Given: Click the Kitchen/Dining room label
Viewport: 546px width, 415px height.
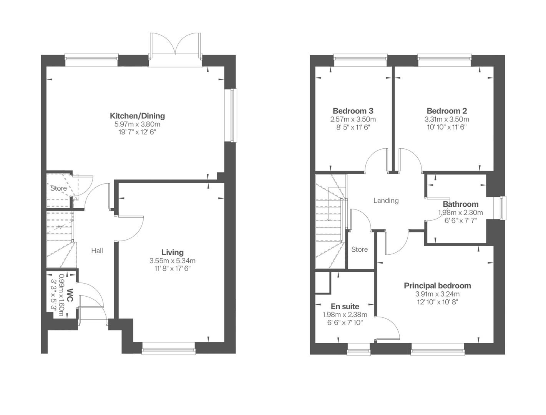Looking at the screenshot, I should pyautogui.click(x=137, y=116).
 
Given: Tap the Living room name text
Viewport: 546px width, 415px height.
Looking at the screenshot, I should pyautogui.click(x=172, y=252).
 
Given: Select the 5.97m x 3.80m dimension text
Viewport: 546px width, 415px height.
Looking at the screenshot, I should pyautogui.click(x=137, y=124).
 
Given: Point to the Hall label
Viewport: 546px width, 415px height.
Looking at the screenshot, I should pyautogui.click(x=97, y=251).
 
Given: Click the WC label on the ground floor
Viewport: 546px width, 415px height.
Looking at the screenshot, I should pyautogui.click(x=70, y=295).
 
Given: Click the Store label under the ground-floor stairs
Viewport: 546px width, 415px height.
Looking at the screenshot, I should pyautogui.click(x=58, y=188).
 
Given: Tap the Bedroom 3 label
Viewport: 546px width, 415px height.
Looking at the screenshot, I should pyautogui.click(x=353, y=111).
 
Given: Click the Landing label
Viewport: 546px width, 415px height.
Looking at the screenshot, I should pyautogui.click(x=386, y=200).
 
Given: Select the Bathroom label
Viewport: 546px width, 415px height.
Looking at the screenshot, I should pyautogui.click(x=460, y=204).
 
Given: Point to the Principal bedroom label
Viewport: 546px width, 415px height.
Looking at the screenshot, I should pyautogui.click(x=437, y=286).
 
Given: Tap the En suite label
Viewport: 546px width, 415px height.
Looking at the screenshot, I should pyautogui.click(x=345, y=306).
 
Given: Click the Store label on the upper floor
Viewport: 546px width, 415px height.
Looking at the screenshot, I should pyautogui.click(x=359, y=249).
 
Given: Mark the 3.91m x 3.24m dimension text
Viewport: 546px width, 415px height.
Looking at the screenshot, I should pyautogui.click(x=437, y=294).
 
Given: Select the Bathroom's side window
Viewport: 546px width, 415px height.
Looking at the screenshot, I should pyautogui.click(x=503, y=208).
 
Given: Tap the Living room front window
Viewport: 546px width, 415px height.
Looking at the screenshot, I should pyautogui.click(x=168, y=349).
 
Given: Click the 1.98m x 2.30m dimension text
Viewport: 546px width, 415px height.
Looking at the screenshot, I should pyautogui.click(x=460, y=212).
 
